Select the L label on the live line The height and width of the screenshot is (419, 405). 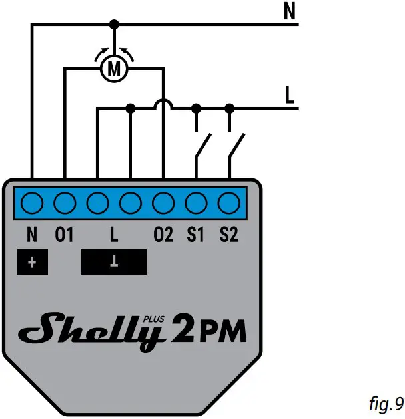click(x=289, y=95)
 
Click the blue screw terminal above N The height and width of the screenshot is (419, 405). click(x=32, y=202)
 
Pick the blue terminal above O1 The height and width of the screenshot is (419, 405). click(x=65, y=202)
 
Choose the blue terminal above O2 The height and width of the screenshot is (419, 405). click(x=163, y=202)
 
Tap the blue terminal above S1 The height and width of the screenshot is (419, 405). click(x=196, y=202)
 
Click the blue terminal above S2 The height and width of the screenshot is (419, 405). click(x=228, y=202)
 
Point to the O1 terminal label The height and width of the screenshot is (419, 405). click(x=65, y=235)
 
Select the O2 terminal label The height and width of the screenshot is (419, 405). click(x=163, y=235)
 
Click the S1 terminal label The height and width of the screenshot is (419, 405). click(x=196, y=235)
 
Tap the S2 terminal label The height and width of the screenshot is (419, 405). click(x=228, y=235)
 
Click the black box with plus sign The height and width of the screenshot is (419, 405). click(x=32, y=262)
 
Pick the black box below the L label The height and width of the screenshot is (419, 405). click(x=114, y=262)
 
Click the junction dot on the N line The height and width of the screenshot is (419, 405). click(x=114, y=24)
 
